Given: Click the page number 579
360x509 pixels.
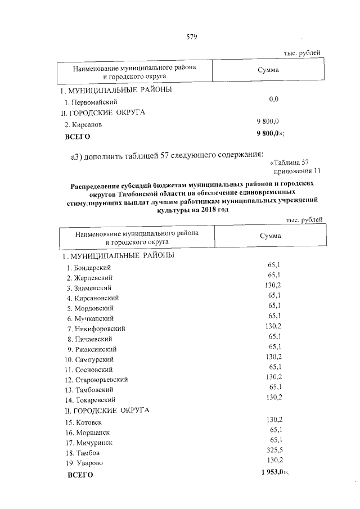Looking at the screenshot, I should click(x=191, y=37).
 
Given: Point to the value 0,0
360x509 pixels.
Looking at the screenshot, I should click(x=273, y=99).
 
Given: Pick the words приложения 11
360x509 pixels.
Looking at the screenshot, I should click(x=296, y=171).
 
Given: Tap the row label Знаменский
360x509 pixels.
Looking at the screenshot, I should click(x=92, y=288).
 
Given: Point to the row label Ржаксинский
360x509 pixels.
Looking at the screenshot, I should click(x=94, y=349).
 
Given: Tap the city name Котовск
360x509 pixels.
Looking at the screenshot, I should click(x=87, y=422).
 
